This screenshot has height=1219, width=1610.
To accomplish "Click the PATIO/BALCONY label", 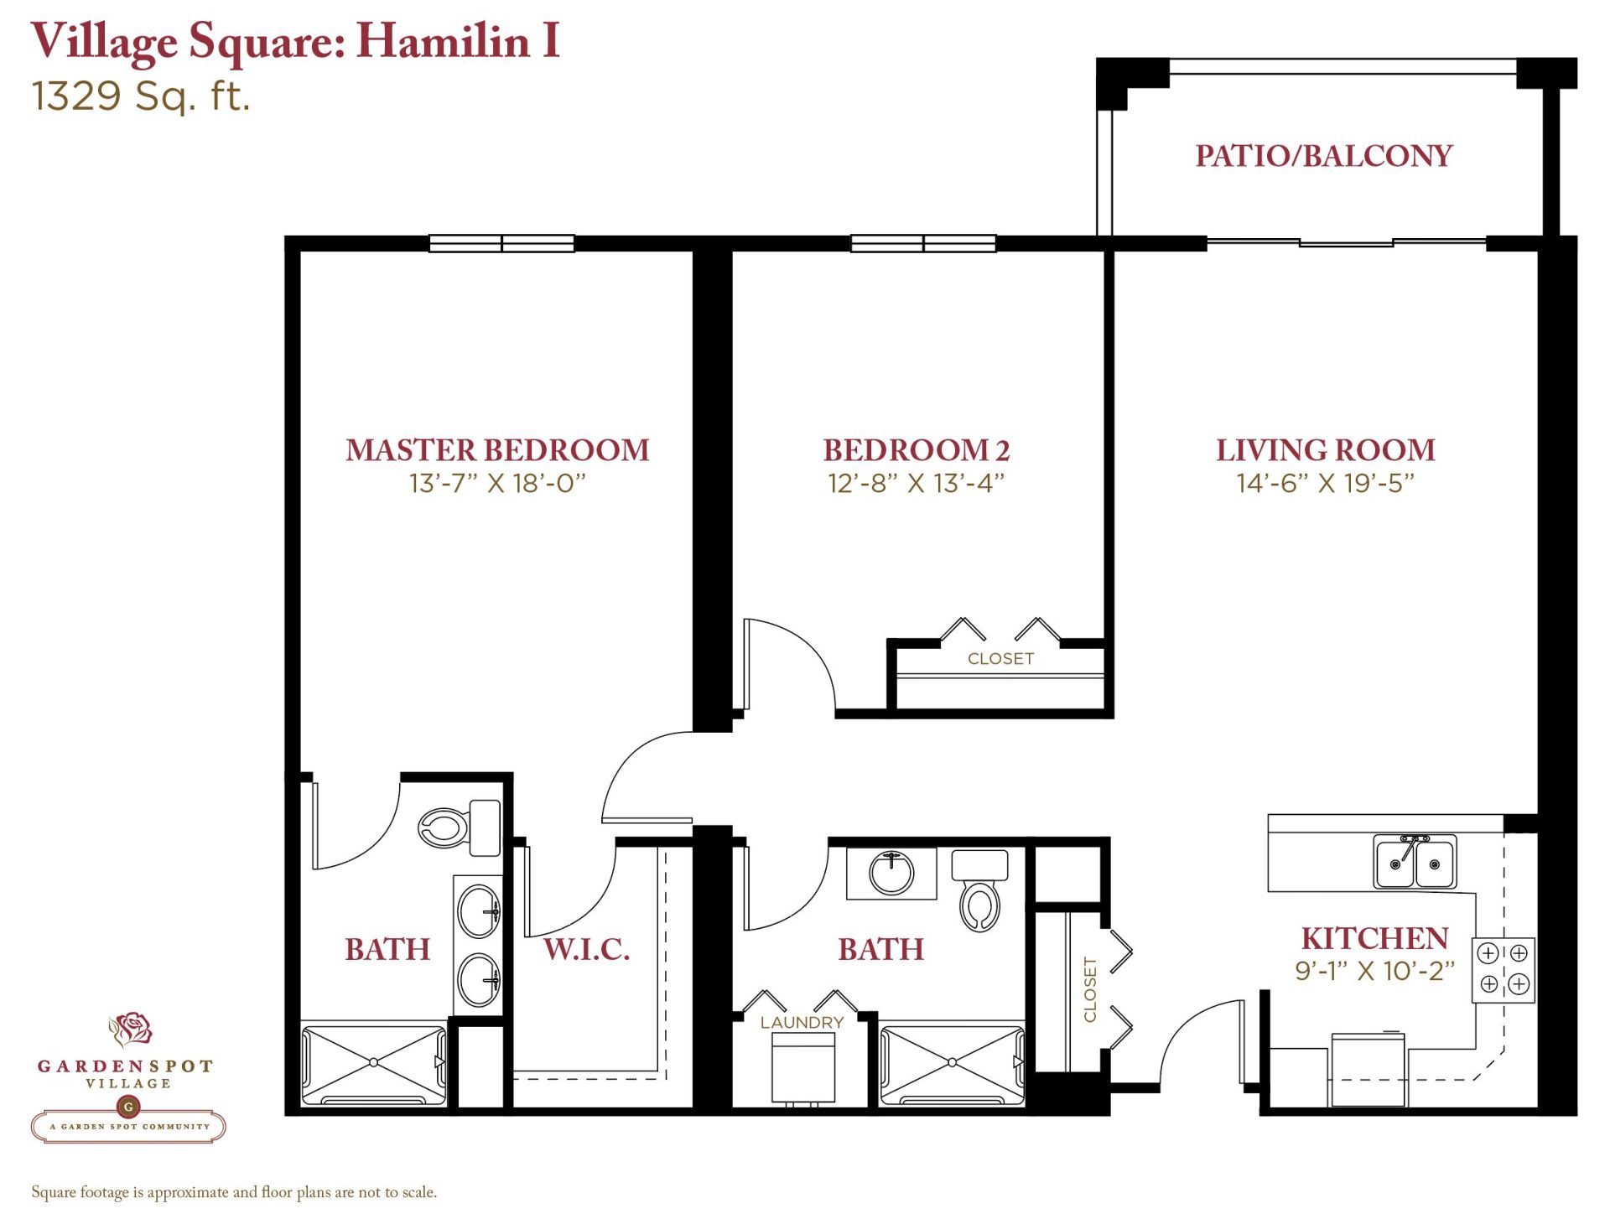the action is [1324, 156].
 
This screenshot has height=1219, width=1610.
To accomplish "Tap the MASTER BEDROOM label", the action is [497, 450].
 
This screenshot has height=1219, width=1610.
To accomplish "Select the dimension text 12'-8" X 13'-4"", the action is [916, 484].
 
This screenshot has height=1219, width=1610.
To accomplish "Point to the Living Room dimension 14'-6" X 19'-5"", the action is [1325, 484].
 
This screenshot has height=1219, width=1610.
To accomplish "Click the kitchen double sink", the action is [1415, 861].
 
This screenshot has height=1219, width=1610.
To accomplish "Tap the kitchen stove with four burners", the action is [1504, 969].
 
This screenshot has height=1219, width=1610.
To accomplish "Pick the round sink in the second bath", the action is [891, 873].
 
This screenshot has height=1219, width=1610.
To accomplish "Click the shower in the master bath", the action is [374, 1063].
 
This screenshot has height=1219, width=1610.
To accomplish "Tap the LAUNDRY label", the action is [802, 1023].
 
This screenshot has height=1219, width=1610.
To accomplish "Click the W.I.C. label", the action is [587, 949].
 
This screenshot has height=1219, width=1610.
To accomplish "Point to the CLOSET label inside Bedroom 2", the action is [1000, 659].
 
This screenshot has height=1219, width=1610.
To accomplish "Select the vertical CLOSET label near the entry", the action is [1090, 989].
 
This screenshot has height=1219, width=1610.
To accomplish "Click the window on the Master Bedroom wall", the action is [501, 243].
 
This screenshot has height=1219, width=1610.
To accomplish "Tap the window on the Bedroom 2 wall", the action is [923, 243].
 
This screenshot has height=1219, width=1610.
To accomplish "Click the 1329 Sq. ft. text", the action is [141, 96].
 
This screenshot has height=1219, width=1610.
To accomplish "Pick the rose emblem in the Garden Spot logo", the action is [132, 1029].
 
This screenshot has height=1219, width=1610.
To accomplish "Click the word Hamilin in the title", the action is [444, 40].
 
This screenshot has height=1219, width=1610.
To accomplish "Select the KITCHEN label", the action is [1374, 938].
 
